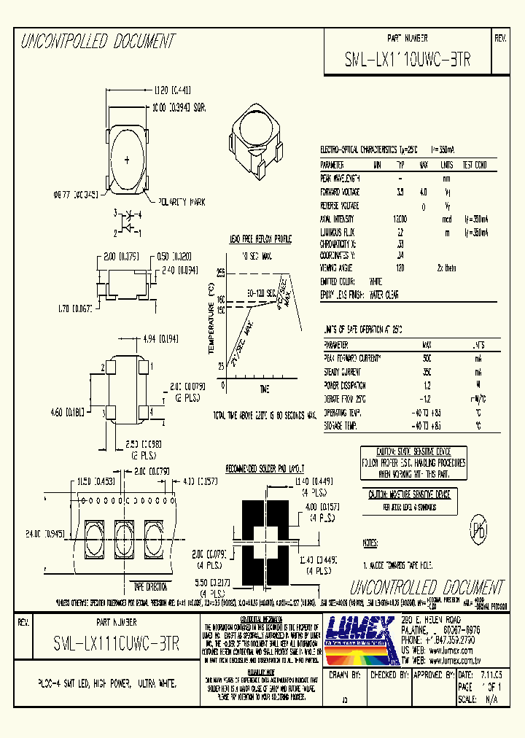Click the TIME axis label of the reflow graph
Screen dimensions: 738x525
coord(264,389)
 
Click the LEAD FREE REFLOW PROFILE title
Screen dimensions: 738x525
coord(261,239)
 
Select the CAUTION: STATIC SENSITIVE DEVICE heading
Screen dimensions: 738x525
coord(413,452)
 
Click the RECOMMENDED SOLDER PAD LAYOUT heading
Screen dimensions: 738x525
coord(264,467)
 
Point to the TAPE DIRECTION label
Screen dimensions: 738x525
coord(150,586)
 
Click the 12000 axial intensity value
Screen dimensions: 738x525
coord(400,218)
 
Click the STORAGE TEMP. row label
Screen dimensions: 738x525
coord(341,424)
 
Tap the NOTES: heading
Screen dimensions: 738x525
coord(370,543)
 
